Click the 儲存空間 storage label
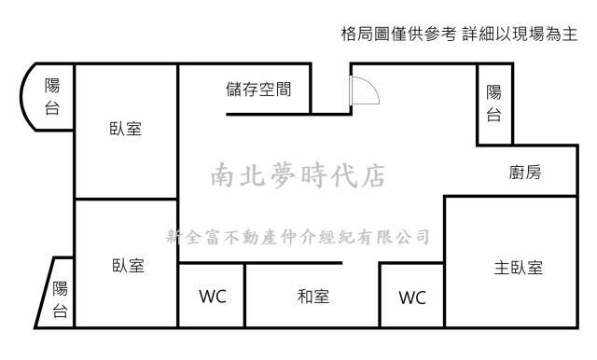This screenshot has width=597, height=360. click(x=258, y=90)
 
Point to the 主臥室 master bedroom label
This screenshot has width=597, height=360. click(x=518, y=268)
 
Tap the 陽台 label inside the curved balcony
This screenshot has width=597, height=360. click(x=52, y=96)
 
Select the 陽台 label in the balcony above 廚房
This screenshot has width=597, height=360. click(x=493, y=103)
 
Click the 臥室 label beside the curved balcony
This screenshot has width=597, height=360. click(x=126, y=129)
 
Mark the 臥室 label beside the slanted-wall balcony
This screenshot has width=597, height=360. click(x=126, y=266)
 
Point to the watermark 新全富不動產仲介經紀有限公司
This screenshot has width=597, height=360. click(x=297, y=236)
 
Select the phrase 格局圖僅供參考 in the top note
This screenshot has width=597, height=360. click(x=399, y=35)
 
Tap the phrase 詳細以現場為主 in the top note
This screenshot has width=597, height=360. click(x=520, y=35)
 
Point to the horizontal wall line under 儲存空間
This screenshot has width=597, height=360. click(x=269, y=114)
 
